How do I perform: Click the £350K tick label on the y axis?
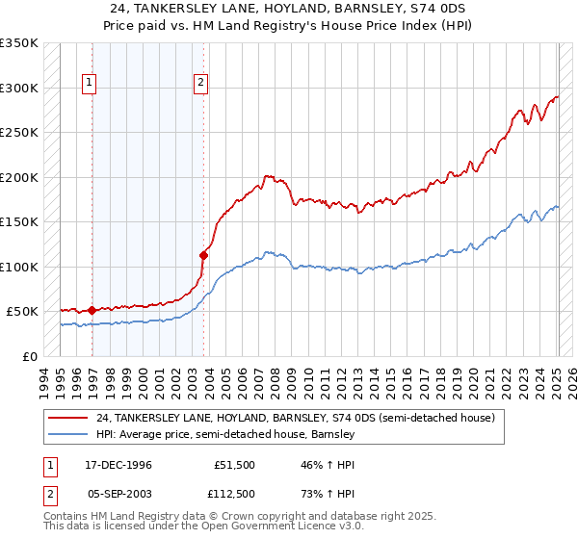[19, 43]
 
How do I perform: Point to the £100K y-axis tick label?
[19, 267]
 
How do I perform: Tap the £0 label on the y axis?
[30, 356]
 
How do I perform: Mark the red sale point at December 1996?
[92, 310]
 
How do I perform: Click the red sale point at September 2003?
[203, 255]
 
